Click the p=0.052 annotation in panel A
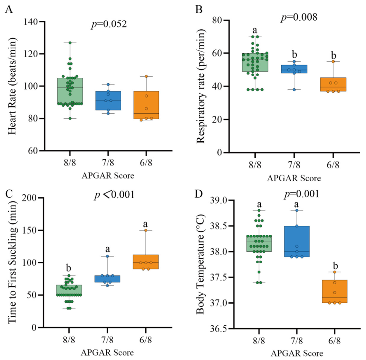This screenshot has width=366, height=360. pyautogui.click(x=109, y=24)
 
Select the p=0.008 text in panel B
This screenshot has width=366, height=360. pyautogui.click(x=299, y=17)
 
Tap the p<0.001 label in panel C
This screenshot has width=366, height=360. pyautogui.click(x=114, y=194)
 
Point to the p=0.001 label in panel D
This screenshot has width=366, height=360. pyautogui.click(x=302, y=194)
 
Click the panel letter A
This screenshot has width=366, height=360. pyautogui.click(x=9, y=10)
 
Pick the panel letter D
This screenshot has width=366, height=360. pyautogui.click(x=198, y=194)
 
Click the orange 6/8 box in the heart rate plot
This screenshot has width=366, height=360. pyautogui.click(x=146, y=105)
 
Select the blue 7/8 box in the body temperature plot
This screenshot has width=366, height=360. pyautogui.click(x=297, y=241)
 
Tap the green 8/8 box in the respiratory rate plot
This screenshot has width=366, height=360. pyautogui.click(x=255, y=62)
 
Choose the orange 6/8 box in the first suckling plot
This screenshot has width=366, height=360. pyautogui.click(x=146, y=262)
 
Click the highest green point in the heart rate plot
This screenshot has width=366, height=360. pyautogui.click(x=70, y=43)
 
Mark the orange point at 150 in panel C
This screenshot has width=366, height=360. pyautogui.click(x=146, y=230)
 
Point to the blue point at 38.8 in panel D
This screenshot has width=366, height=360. pyautogui.click(x=297, y=210)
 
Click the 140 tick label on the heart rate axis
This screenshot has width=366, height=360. pyautogui.click(x=30, y=22)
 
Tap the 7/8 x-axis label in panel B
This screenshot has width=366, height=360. pyautogui.click(x=294, y=165)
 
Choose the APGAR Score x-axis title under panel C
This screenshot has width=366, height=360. pyautogui.click(x=107, y=352)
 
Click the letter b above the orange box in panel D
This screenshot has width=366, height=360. pyautogui.click(x=336, y=266)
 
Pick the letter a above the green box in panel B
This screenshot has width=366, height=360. pyautogui.click(x=255, y=30)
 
